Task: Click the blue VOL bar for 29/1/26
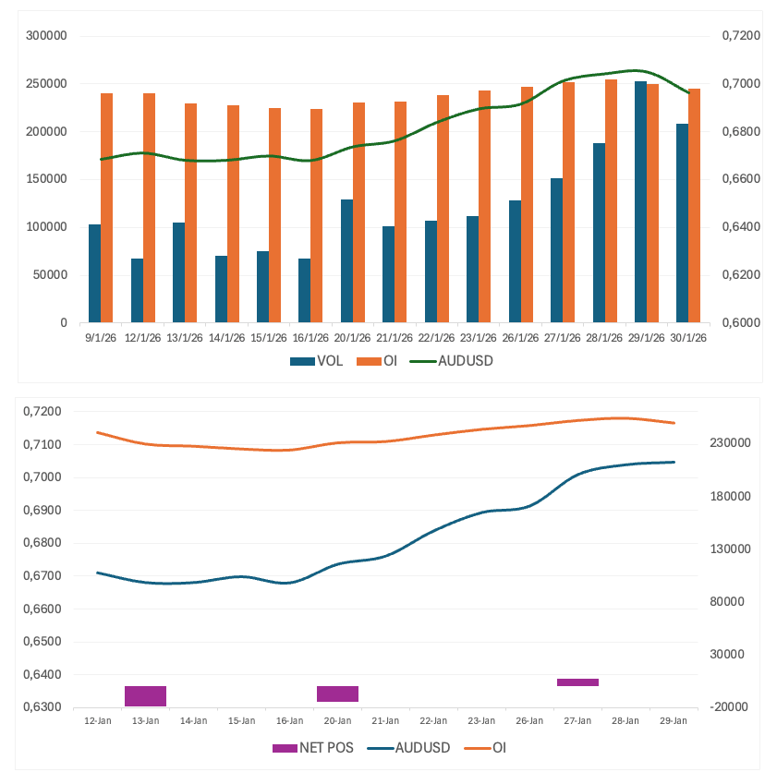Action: point(640,202)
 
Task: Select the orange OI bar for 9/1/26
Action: point(107,208)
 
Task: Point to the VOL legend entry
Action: point(316,361)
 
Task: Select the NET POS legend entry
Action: point(310,746)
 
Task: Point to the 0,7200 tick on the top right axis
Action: point(734,36)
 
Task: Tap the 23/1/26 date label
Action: point(479,338)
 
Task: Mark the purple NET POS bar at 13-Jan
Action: point(145,696)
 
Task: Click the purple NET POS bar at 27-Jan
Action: point(577,682)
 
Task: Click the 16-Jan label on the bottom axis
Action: point(289,720)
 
